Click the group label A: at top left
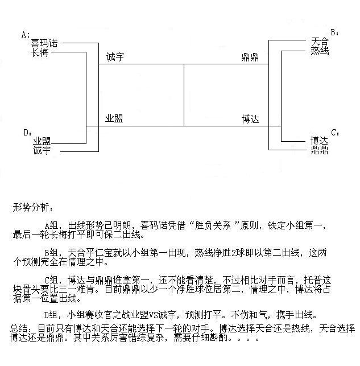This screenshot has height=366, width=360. (26, 35)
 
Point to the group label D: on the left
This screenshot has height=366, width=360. (27, 133)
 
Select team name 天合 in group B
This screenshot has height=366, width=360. (319, 42)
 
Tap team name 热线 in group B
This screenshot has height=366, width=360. (319, 51)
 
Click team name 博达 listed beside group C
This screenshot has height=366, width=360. (319, 140)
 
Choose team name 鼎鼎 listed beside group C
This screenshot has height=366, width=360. (319, 150)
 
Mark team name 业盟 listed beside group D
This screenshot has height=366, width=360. (42, 141)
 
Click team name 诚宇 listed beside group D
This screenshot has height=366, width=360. (42, 150)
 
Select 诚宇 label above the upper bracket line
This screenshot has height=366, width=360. (114, 58)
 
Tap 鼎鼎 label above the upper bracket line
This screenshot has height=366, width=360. (250, 58)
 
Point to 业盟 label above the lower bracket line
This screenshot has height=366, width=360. (114, 119)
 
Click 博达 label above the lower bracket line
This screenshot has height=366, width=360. (250, 119)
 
